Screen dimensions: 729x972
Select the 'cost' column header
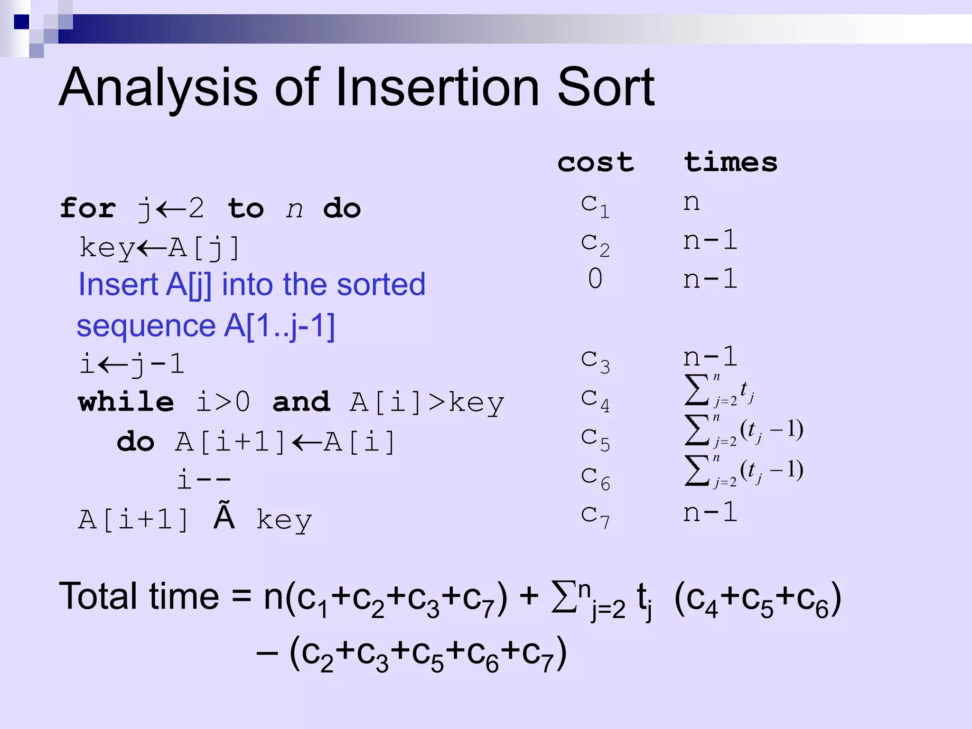click(595, 162)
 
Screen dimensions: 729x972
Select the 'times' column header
click(730, 162)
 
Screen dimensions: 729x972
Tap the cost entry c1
click(595, 205)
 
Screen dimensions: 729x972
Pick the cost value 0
click(595, 279)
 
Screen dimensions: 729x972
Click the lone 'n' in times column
click(692, 203)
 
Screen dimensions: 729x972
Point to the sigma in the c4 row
click(696, 390)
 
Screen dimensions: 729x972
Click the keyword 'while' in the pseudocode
click(126, 402)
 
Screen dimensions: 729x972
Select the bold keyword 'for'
click(88, 208)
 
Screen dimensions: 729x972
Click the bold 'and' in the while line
click(301, 402)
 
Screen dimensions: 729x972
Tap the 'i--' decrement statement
click(204, 479)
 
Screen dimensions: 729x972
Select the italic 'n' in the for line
click(294, 209)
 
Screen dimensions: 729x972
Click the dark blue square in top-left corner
click(21, 22)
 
